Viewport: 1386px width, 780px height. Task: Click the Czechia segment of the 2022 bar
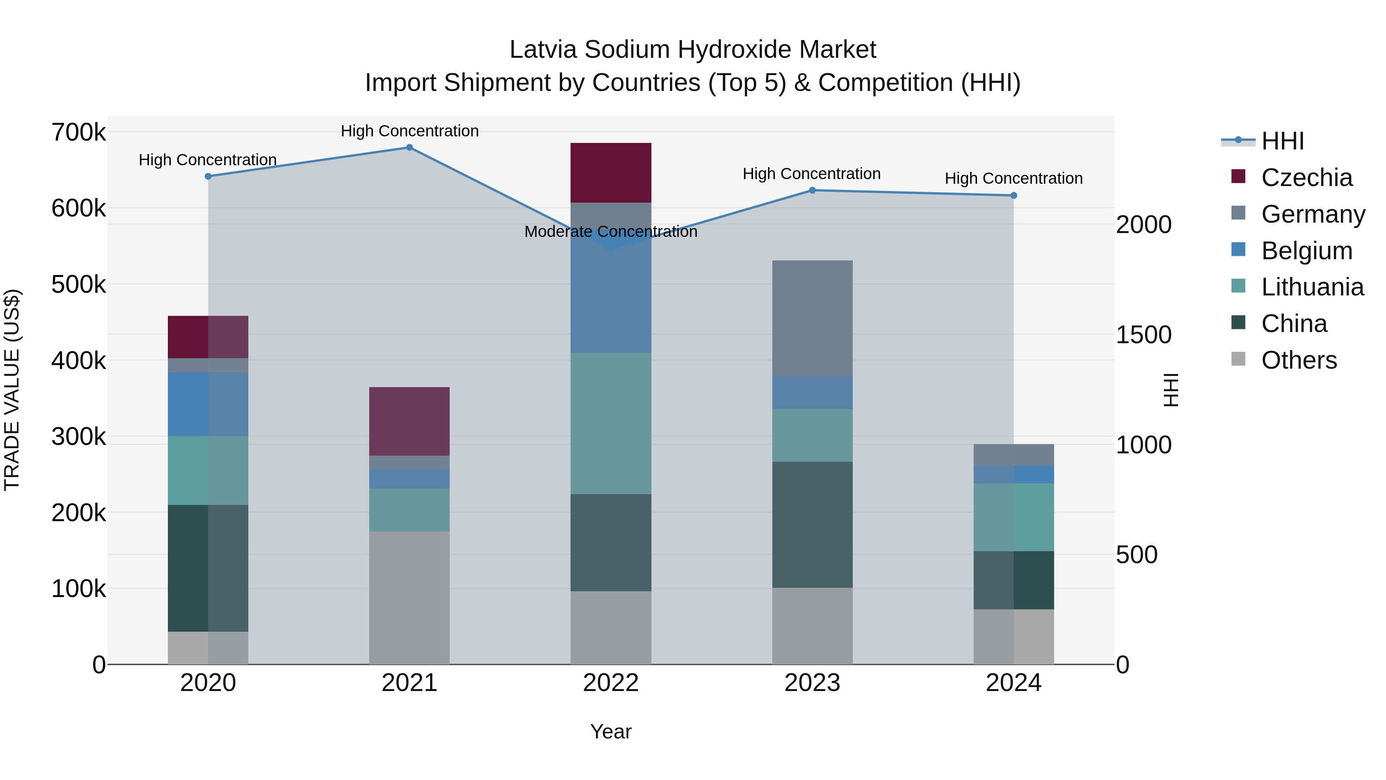pos(611,173)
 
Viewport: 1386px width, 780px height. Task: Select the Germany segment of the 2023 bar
pos(812,319)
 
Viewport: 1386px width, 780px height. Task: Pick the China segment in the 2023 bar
pos(812,525)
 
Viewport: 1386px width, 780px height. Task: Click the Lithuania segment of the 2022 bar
pos(611,424)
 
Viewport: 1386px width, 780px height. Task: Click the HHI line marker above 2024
pos(1014,195)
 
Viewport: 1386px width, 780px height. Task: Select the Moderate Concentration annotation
pos(611,231)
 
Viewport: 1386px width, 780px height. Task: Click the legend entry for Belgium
pos(1306,251)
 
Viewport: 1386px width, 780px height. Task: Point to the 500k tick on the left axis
pos(79,284)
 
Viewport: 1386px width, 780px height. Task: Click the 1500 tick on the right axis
pos(1143,335)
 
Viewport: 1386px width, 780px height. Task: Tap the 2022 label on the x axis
pos(611,683)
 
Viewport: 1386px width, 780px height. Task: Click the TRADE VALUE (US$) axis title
pos(12,390)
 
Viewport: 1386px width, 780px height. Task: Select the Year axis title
pos(611,731)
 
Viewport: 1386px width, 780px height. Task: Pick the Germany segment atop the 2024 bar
pos(1014,455)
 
